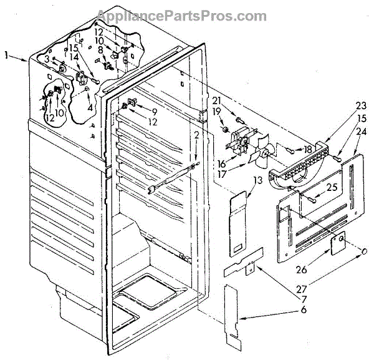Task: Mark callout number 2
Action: (196, 135)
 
